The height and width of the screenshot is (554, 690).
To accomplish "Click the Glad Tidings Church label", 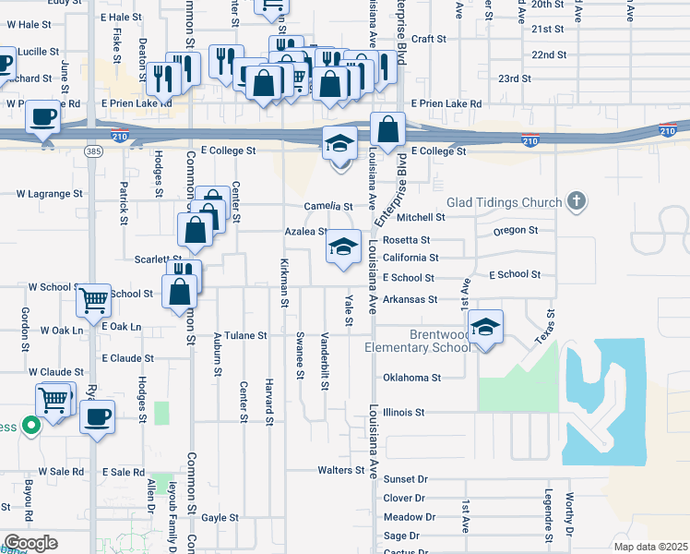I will point(504,202).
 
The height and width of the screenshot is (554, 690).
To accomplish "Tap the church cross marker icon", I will point(577,200).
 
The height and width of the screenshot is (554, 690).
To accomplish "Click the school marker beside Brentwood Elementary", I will point(485,327).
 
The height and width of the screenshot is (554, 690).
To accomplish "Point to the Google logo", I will point(31,543).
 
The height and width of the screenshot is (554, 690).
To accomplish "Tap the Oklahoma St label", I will point(412,378).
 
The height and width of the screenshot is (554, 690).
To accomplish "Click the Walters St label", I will point(340,470).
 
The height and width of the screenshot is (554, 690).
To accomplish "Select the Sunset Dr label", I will point(406,479).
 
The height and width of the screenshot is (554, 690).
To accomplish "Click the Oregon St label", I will point(515,230).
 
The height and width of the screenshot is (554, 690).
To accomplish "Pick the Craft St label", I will point(429,39).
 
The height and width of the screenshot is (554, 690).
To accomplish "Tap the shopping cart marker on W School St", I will point(93,299).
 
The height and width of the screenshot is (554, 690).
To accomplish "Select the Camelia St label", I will point(329,207).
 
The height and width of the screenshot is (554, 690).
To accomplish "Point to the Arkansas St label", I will point(410,299).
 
